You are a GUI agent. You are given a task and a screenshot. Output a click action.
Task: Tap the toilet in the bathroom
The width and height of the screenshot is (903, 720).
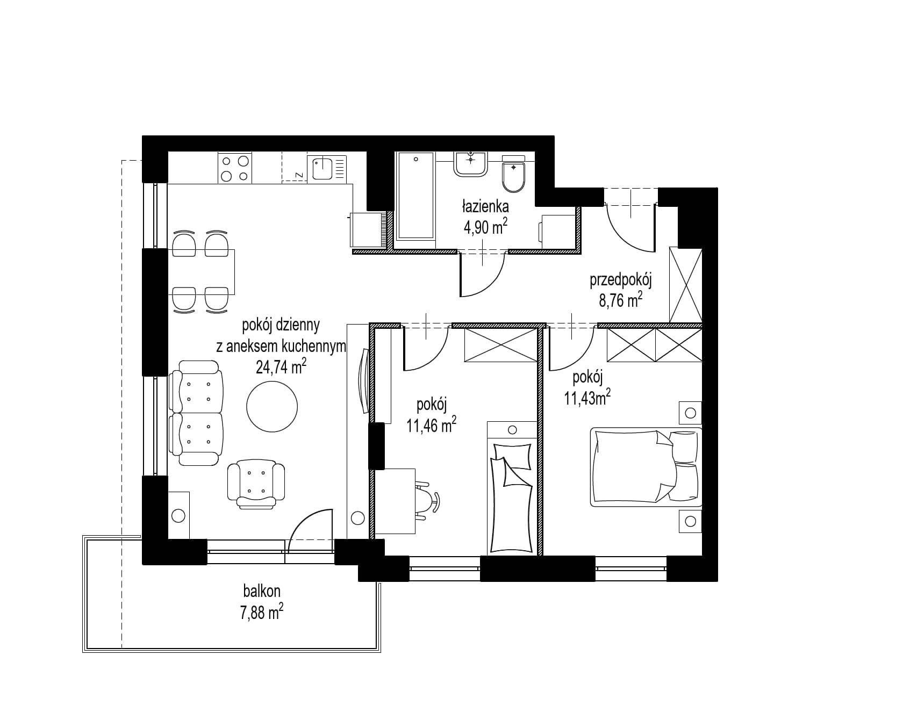tap(513, 174)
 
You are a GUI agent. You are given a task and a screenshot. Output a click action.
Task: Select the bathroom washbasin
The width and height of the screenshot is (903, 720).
tap(471, 163)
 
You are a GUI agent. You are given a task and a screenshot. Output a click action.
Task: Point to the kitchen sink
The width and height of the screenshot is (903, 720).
tap(327, 168)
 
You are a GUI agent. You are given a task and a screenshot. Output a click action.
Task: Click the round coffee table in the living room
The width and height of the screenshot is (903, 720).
tap(271, 407)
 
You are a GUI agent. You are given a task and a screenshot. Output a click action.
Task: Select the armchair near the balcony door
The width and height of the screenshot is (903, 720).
tap(256, 484)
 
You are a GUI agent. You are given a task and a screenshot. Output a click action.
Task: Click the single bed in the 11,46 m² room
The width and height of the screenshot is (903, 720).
tap(512, 487)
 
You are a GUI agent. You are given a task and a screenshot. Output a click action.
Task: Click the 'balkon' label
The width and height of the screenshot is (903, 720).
tap(262, 591)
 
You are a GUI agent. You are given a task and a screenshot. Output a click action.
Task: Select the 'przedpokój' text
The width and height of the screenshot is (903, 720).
tap(621, 280)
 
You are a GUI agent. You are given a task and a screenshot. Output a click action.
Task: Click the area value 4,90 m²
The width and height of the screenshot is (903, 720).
tap(485, 227)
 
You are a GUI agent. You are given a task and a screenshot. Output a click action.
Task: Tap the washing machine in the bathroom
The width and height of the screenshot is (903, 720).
tap(559, 231)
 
